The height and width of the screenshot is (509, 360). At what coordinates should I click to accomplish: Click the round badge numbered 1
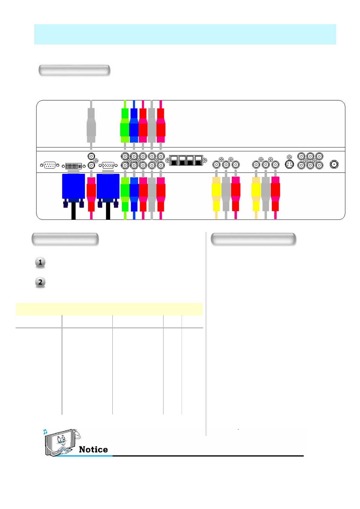point(40,262)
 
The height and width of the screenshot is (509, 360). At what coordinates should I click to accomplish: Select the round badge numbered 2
point(40,282)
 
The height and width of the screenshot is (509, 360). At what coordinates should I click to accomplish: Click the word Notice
point(93,449)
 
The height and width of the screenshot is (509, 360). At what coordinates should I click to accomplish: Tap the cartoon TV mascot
point(61,442)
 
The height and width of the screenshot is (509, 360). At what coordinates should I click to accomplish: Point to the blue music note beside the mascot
point(45,432)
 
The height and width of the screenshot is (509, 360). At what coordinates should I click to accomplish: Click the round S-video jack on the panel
point(290,165)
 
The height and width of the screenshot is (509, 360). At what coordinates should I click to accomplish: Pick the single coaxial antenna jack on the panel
point(334,164)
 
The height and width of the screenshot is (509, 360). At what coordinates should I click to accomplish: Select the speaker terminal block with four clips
point(186,160)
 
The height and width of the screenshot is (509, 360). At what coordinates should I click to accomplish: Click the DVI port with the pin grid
point(74,166)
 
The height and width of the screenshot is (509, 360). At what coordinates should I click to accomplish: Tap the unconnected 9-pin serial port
point(50,165)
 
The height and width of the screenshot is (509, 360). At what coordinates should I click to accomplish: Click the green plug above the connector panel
point(125,126)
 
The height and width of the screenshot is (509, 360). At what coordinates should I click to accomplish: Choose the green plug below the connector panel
point(125,194)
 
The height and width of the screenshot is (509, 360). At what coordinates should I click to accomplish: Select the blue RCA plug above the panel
point(134,126)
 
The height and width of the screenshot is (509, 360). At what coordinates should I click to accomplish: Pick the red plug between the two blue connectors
point(91,194)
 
